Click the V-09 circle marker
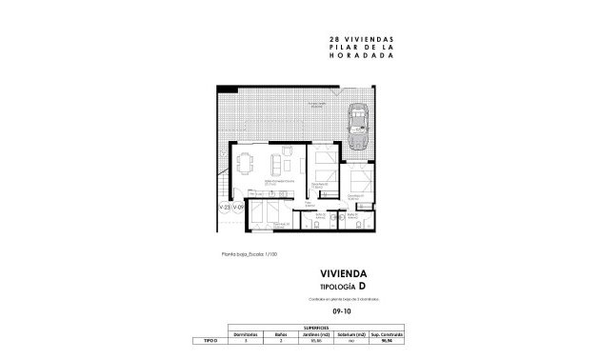[x=242, y=207]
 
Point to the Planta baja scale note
[x=249, y=254]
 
